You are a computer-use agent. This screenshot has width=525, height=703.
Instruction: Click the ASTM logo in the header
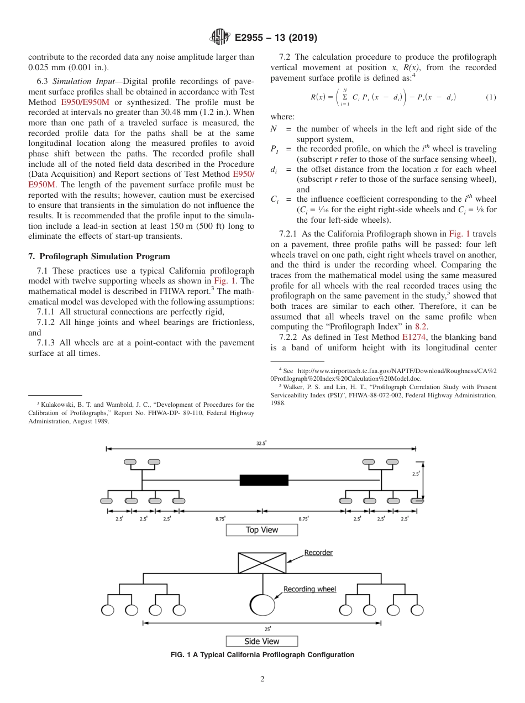tap(219, 38)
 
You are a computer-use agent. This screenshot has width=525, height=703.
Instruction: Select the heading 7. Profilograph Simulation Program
tap(99, 256)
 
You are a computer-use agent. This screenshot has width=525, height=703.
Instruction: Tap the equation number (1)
tap(491, 97)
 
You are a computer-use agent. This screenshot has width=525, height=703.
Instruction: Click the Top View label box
tap(261, 530)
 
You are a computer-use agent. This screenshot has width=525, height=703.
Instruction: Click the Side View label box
tap(261, 641)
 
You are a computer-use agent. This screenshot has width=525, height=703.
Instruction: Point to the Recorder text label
tap(318, 553)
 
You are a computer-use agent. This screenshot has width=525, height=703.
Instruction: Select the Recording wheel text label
tap(309, 589)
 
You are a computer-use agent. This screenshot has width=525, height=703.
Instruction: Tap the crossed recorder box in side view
tap(262, 563)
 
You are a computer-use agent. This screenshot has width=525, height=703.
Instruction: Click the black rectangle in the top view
tap(263, 480)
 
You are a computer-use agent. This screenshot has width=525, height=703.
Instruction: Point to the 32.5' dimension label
tap(261, 443)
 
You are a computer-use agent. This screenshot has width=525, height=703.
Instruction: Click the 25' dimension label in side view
tap(267, 629)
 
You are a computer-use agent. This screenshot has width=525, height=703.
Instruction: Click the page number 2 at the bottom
tap(262, 679)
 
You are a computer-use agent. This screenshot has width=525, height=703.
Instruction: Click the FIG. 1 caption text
tap(262, 655)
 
